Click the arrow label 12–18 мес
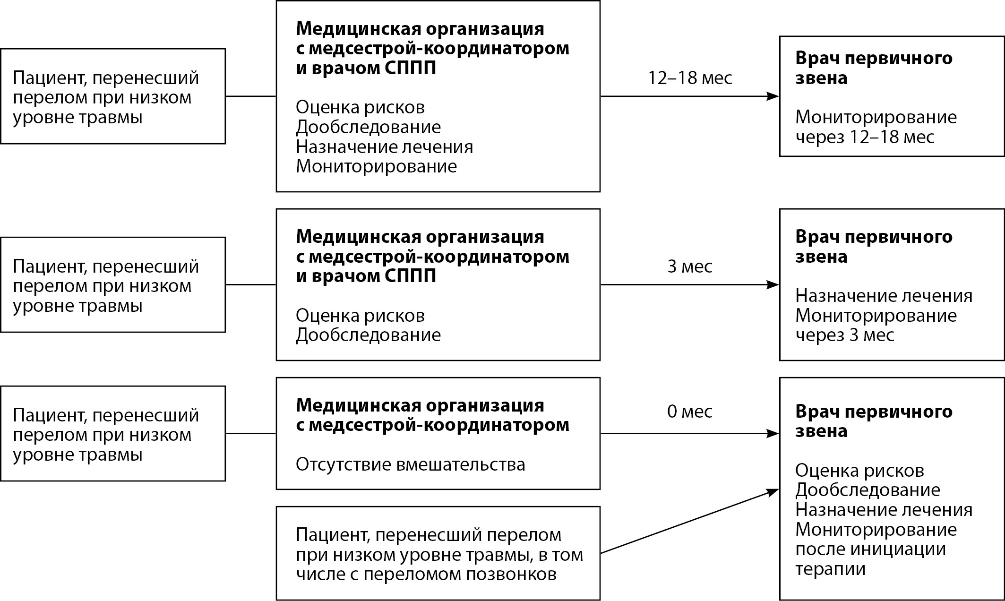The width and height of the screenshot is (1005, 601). (690, 78)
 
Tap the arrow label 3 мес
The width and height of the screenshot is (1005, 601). (690, 266)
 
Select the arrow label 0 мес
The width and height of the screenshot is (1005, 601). (690, 412)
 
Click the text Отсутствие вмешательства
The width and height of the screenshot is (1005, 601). (410, 464)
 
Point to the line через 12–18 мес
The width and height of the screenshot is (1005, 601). (865, 137)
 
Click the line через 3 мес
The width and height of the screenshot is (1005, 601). (845, 335)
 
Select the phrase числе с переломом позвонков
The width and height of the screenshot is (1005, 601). (426, 575)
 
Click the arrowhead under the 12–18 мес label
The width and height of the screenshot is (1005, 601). (773, 96)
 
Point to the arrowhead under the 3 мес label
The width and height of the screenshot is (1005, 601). (773, 285)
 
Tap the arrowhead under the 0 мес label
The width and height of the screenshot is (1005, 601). (773, 433)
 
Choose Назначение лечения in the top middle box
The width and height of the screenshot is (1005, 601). (384, 147)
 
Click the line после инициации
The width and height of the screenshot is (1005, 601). (870, 549)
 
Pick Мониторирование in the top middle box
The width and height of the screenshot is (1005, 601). (376, 166)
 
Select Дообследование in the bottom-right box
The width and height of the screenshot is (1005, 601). (868, 490)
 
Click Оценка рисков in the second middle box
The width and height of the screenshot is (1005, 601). (360, 315)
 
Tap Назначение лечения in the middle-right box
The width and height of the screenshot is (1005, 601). (884, 296)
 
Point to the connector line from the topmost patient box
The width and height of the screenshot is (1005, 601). (250, 96)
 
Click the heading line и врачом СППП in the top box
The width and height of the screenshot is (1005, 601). (366, 68)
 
